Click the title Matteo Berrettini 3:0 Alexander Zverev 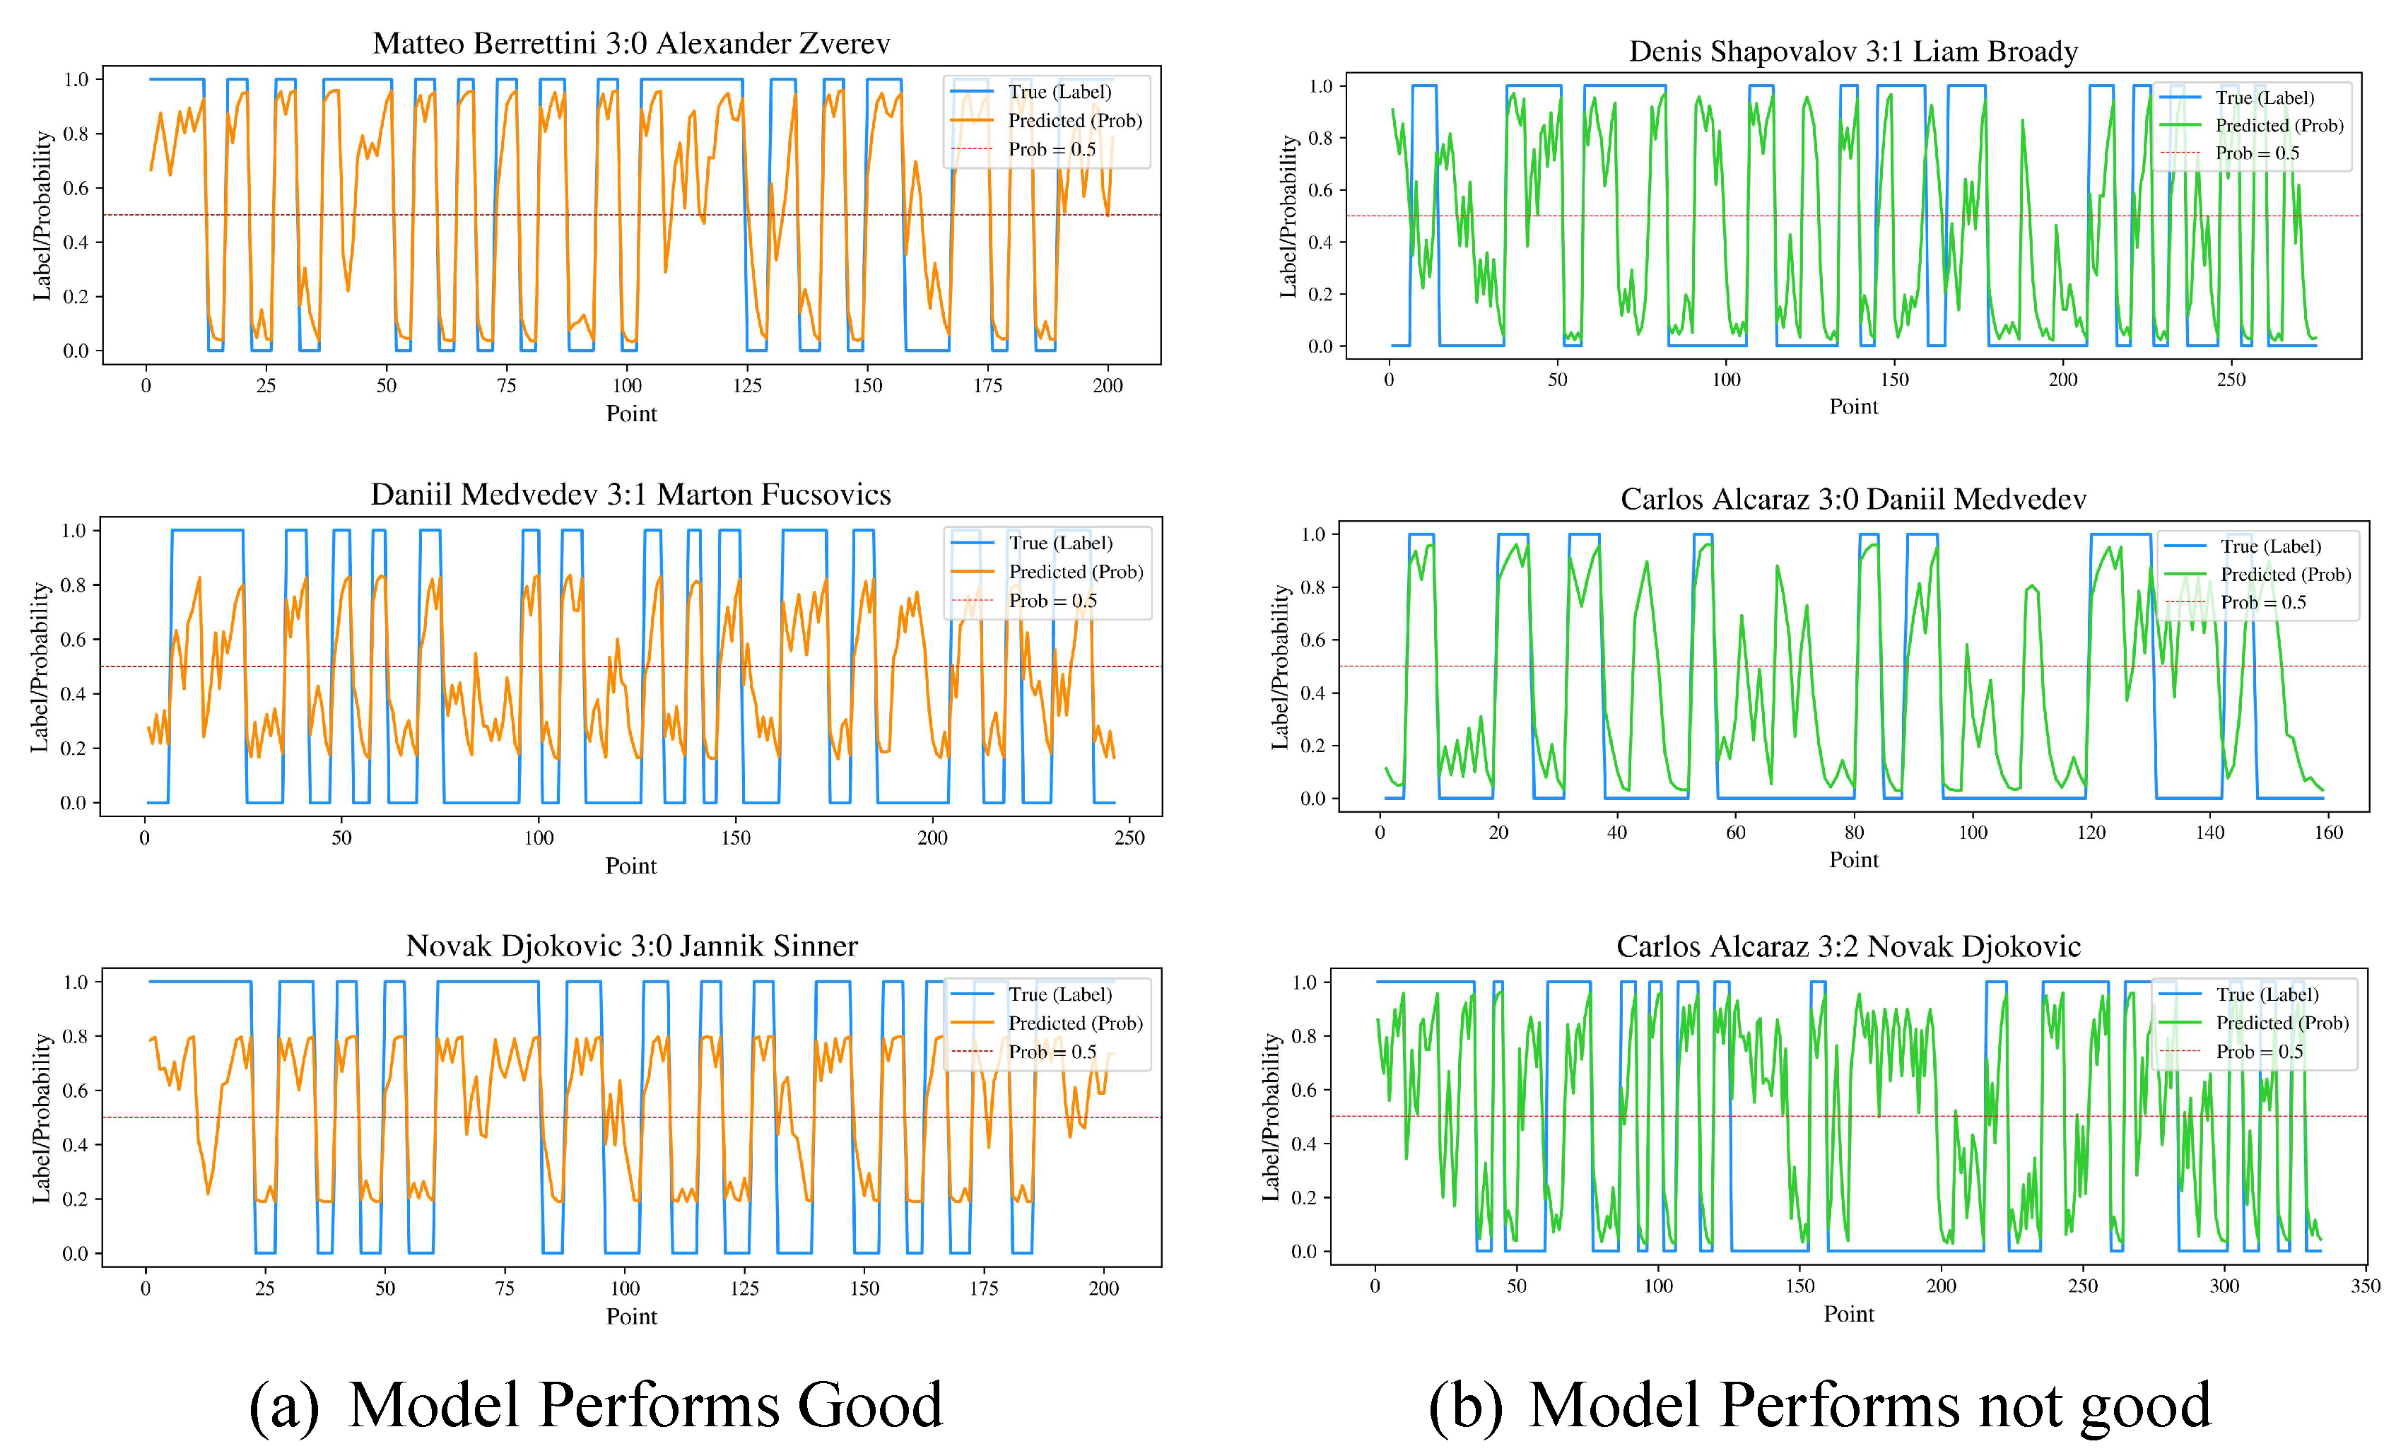pos(631,44)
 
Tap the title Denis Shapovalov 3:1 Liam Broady pos(1853,52)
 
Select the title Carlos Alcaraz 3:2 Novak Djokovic pos(1848,946)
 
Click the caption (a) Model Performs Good pos(596,1405)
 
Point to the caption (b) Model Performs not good pos(1819,1405)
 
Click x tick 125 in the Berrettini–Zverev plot pos(747,386)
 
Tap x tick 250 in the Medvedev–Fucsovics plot pos(1129,838)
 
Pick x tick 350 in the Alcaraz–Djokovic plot pos(2365,1286)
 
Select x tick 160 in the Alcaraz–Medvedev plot pos(2328,833)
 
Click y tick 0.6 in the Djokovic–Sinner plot pos(76,1091)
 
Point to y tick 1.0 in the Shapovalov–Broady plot pos(1320,86)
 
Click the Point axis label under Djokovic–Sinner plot pos(631,1317)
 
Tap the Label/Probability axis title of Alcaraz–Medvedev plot pos(1281,667)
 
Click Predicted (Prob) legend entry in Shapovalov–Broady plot pos(2279,126)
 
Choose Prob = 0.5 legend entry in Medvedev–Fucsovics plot pos(1052,601)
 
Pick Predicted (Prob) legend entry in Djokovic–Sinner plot pos(1074,1023)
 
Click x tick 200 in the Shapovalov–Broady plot pos(2062,380)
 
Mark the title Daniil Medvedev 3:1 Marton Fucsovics pos(630,495)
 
